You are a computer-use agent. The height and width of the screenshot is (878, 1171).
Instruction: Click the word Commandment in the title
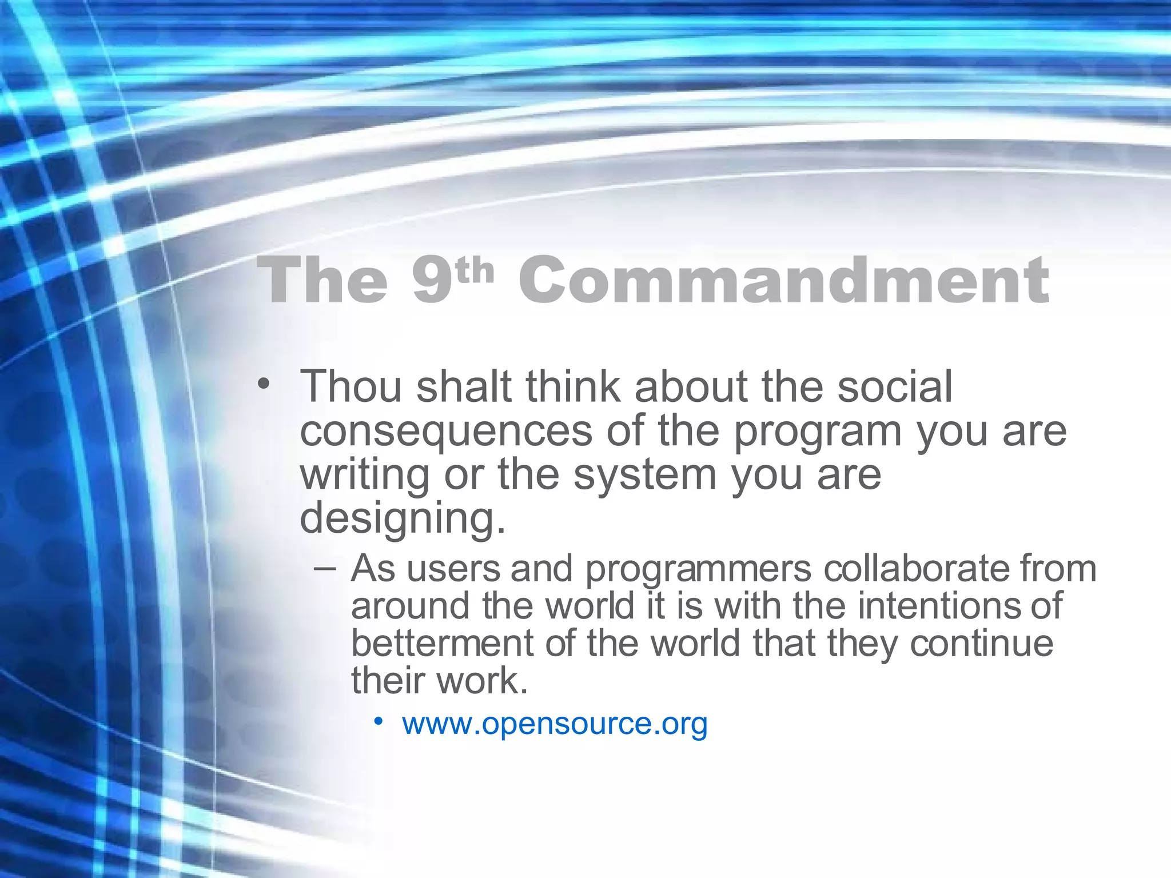783,281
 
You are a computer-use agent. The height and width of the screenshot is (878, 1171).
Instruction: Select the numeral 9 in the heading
432,281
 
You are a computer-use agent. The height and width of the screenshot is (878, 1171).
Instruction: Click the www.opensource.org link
555,724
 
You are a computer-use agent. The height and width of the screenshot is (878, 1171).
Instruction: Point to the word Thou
351,387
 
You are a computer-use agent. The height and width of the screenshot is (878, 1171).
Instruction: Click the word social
895,387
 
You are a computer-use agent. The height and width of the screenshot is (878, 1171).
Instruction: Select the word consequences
446,432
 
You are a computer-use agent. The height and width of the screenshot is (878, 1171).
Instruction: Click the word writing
365,476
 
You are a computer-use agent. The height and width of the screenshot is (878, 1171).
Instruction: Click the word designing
402,519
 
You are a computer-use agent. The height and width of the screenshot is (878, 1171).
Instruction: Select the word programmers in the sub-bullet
698,570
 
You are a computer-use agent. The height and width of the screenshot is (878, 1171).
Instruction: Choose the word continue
981,644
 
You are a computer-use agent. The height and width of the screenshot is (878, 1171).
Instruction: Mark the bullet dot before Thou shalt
262,384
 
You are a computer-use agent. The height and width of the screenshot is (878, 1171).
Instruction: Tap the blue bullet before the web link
378,722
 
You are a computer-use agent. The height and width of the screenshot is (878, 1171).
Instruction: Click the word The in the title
322,281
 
